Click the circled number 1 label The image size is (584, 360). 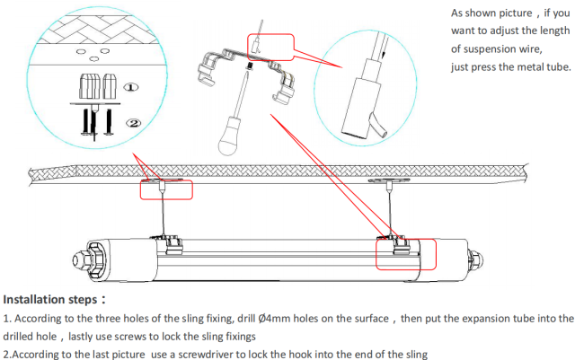point(131,87)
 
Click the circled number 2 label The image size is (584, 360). point(134,123)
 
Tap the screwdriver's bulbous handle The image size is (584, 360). point(230,136)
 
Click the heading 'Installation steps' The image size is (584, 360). point(50,299)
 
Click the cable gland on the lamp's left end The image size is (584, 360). point(79,259)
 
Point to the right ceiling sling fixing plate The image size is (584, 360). point(389,180)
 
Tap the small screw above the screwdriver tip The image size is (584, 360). point(250,66)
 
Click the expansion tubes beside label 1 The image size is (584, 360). point(98,86)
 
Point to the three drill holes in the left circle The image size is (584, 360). point(93,54)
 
